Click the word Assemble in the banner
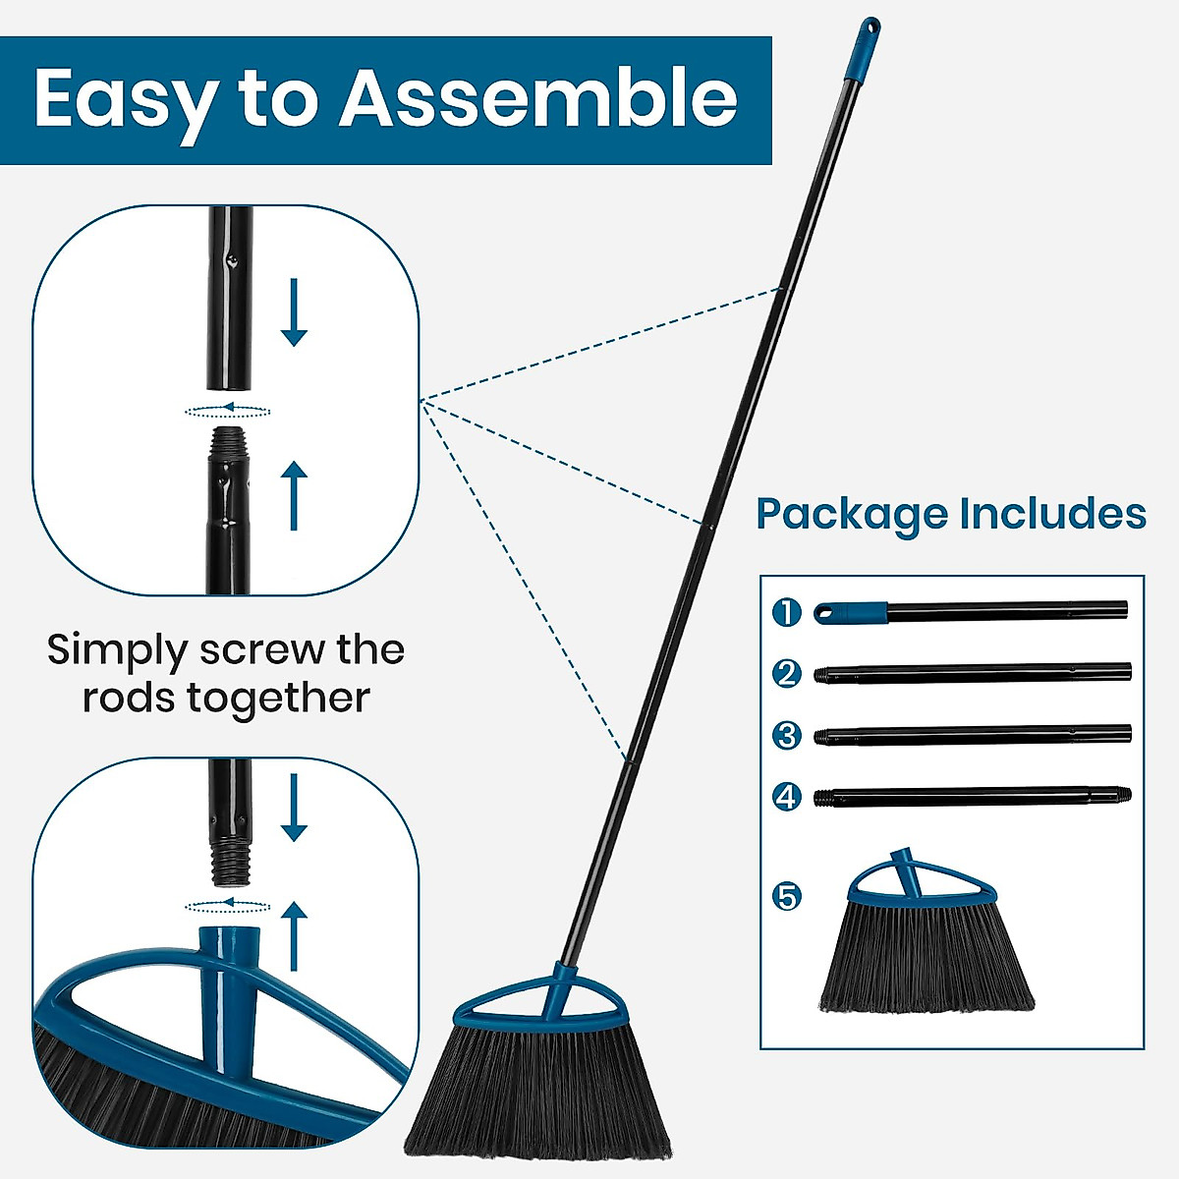538,98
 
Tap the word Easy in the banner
125,100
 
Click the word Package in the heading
852,514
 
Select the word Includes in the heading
1052,514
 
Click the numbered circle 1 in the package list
787,613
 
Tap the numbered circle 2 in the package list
787,674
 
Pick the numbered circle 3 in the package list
787,735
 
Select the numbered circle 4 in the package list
787,796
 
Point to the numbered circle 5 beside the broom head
787,896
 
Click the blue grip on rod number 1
851,612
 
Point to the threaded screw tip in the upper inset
229,441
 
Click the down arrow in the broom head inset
294,807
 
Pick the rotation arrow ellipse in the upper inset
228,409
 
